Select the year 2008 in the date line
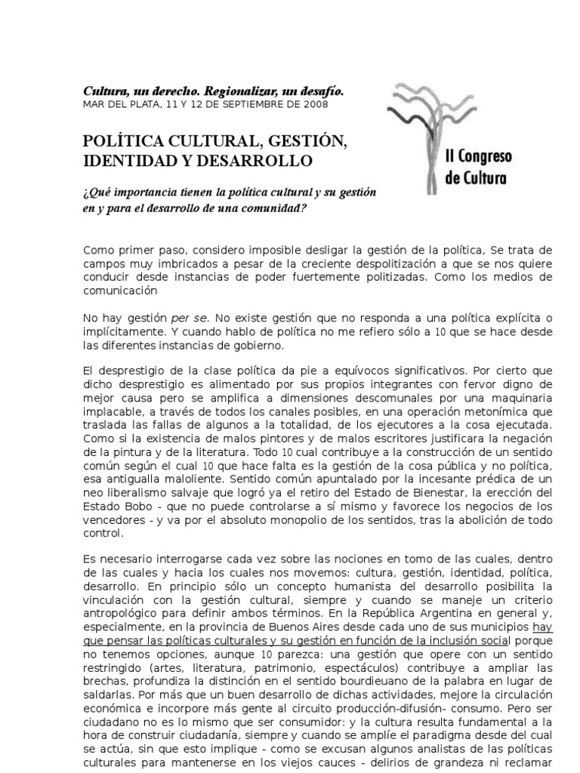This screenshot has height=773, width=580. pyautogui.click(x=316, y=104)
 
